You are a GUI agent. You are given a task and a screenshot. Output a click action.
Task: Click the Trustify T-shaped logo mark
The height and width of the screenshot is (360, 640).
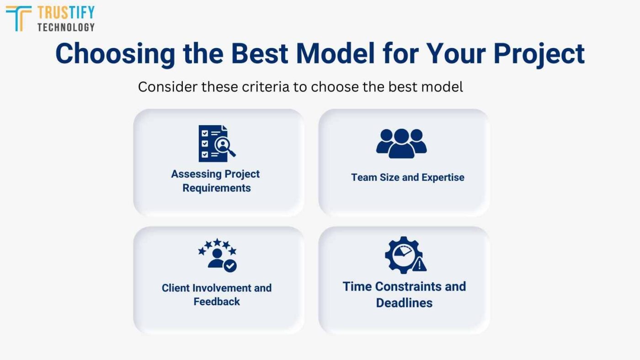(19, 18)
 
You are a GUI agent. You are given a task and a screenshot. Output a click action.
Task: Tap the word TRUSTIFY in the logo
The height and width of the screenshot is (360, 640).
(66, 12)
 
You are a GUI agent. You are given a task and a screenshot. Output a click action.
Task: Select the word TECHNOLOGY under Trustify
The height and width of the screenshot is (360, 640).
(66, 27)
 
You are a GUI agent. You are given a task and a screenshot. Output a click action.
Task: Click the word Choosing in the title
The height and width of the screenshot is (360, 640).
(115, 53)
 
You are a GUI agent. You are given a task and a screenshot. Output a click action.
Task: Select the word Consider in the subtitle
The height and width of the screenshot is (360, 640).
(166, 86)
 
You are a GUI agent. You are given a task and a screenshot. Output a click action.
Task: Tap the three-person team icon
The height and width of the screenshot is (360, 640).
(401, 143)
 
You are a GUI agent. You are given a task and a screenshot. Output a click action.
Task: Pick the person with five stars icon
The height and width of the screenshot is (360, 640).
(217, 255)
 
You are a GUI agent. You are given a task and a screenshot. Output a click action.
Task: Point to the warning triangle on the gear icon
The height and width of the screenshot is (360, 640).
(419, 264)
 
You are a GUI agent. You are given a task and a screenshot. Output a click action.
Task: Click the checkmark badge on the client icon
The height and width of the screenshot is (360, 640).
(230, 266)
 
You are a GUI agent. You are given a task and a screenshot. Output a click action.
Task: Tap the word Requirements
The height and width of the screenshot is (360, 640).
(217, 188)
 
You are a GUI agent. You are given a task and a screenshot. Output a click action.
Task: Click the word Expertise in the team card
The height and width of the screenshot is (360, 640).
(443, 177)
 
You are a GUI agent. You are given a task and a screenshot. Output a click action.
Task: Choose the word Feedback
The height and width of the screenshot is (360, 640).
(217, 302)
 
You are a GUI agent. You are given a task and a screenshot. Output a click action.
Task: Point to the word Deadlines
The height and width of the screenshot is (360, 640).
(404, 302)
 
